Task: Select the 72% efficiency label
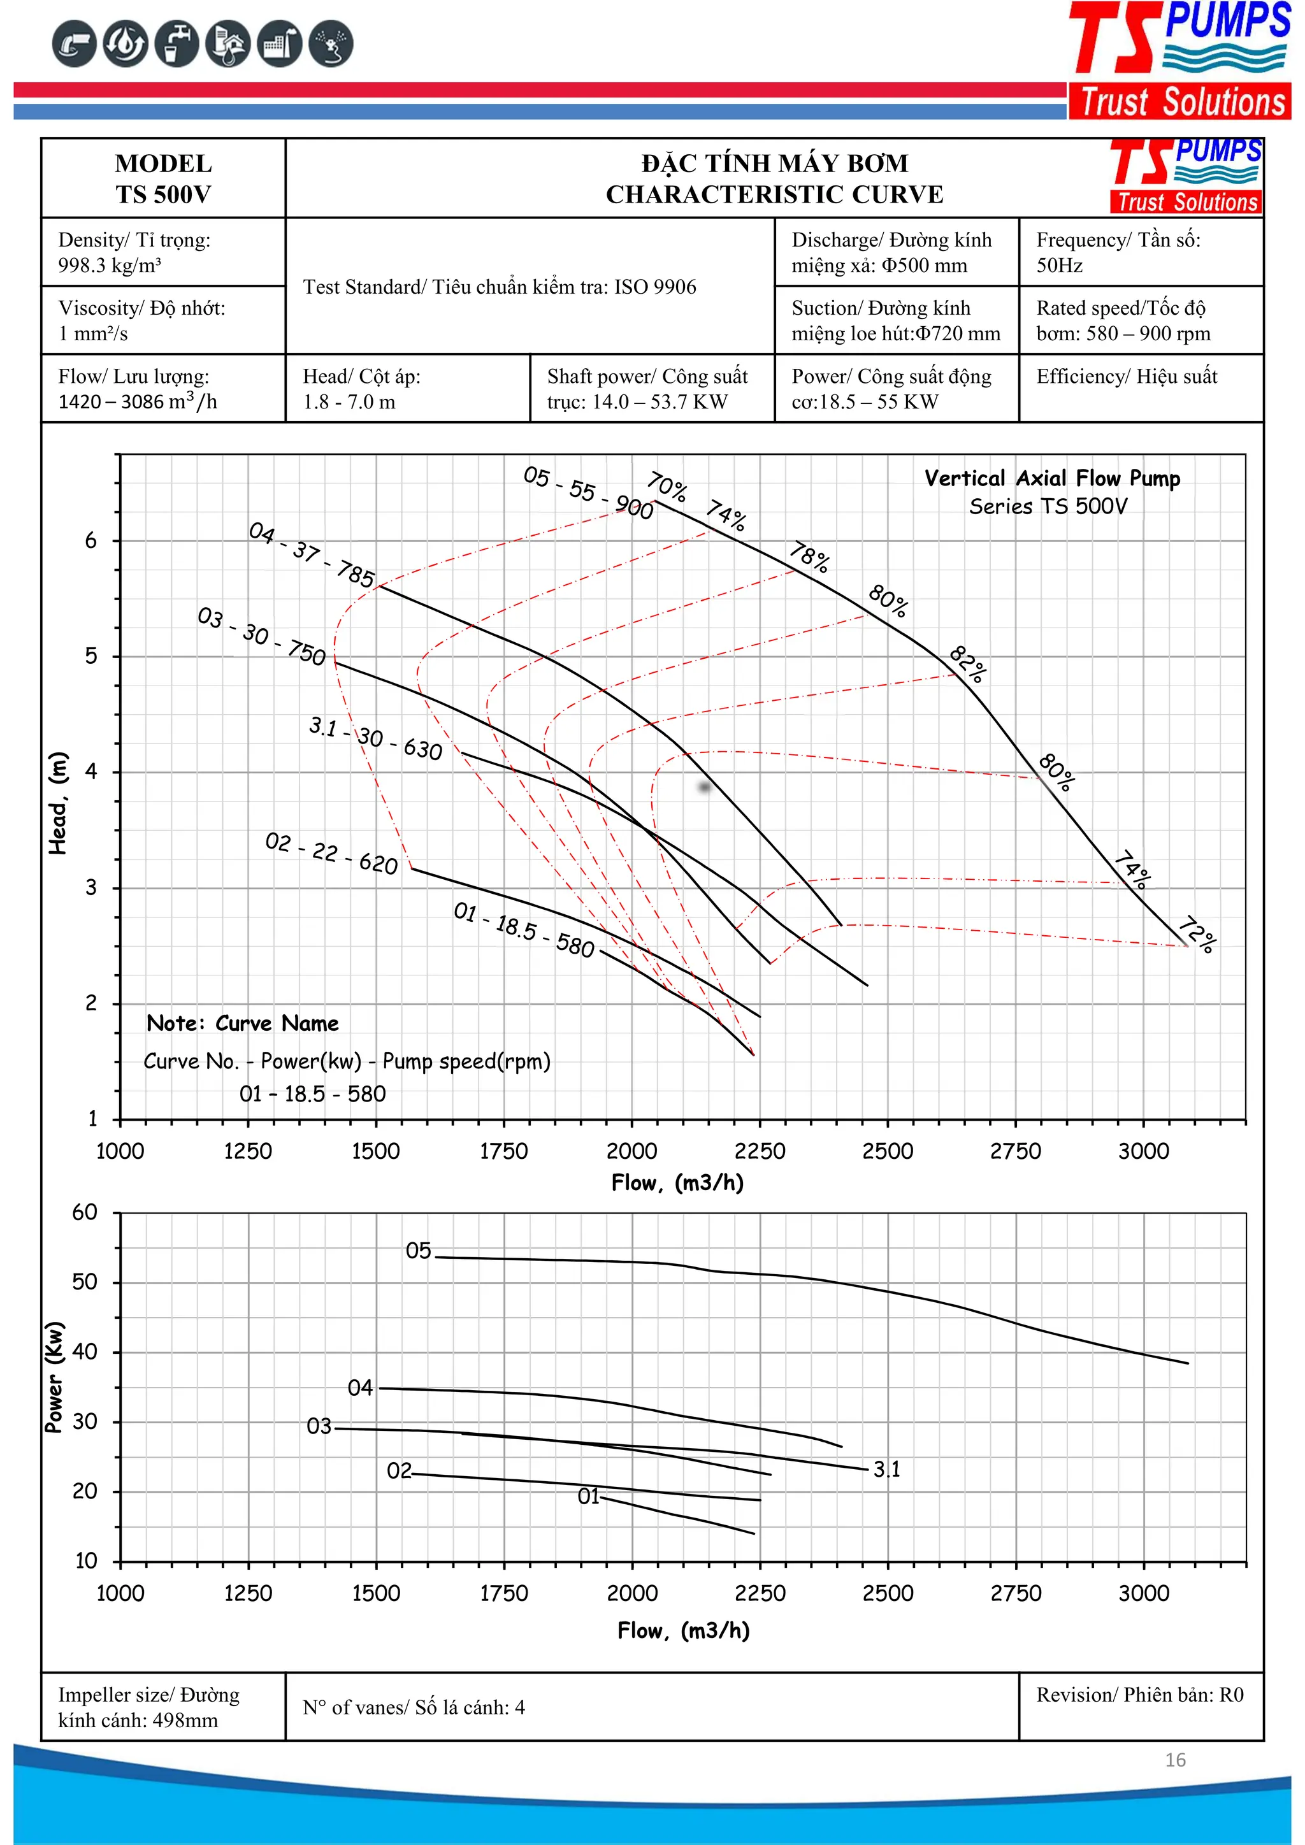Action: click(1197, 934)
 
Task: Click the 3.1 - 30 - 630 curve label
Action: click(375, 738)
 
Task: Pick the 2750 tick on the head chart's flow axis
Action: click(1015, 1151)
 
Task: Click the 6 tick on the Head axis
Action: click(91, 541)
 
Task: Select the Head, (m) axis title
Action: click(58, 803)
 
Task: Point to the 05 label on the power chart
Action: click(418, 1251)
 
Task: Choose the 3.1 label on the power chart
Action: click(887, 1469)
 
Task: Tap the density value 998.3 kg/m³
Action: click(110, 266)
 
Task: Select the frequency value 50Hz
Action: click(1059, 266)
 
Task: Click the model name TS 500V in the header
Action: click(163, 194)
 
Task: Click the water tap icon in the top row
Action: click(177, 43)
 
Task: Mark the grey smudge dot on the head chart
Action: click(705, 787)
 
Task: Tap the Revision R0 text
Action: click(1139, 1695)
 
